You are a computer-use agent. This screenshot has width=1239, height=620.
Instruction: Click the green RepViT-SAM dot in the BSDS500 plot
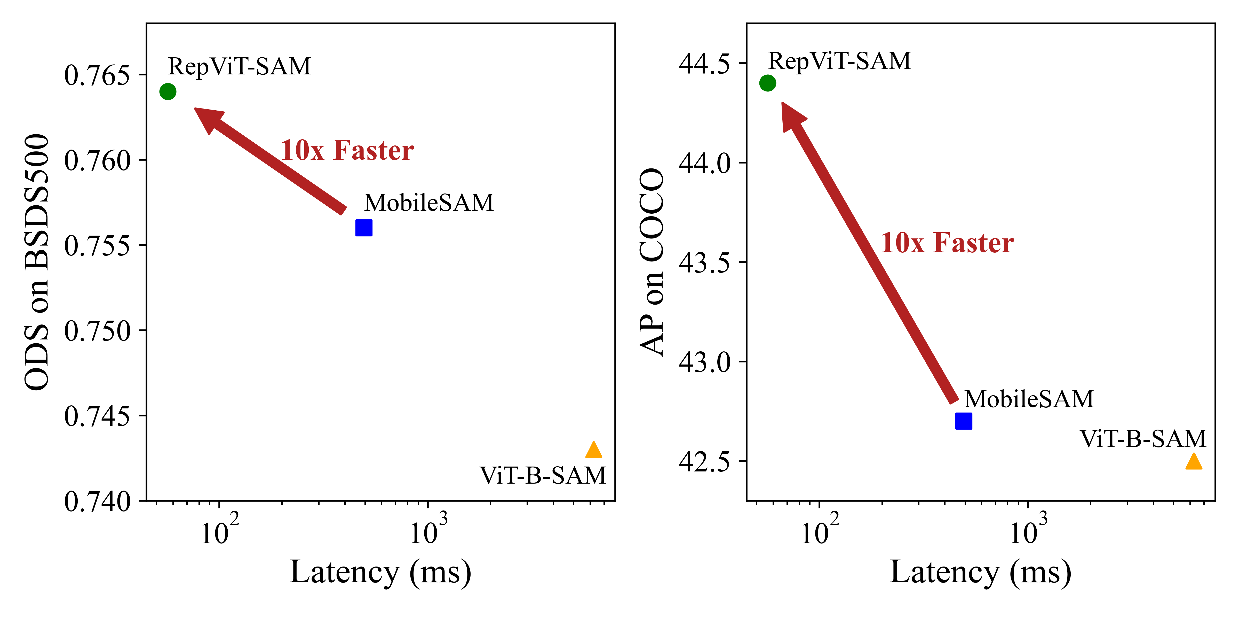click(x=168, y=91)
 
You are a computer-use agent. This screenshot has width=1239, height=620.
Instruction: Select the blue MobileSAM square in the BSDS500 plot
click(x=364, y=228)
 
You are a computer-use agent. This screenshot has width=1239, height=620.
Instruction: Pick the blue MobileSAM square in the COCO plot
click(x=963, y=421)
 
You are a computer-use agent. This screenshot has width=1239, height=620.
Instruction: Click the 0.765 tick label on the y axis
click(x=97, y=76)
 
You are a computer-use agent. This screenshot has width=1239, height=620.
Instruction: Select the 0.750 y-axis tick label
click(x=97, y=331)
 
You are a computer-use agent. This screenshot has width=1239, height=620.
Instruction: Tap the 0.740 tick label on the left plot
click(x=97, y=502)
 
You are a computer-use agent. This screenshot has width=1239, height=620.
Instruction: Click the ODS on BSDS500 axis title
click(x=37, y=262)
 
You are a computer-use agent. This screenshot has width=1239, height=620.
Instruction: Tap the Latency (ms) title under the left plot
click(x=380, y=572)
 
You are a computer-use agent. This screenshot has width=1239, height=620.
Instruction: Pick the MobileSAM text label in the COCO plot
click(x=1029, y=399)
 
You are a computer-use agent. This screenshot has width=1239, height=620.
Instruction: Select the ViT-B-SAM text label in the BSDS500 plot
click(x=543, y=476)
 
